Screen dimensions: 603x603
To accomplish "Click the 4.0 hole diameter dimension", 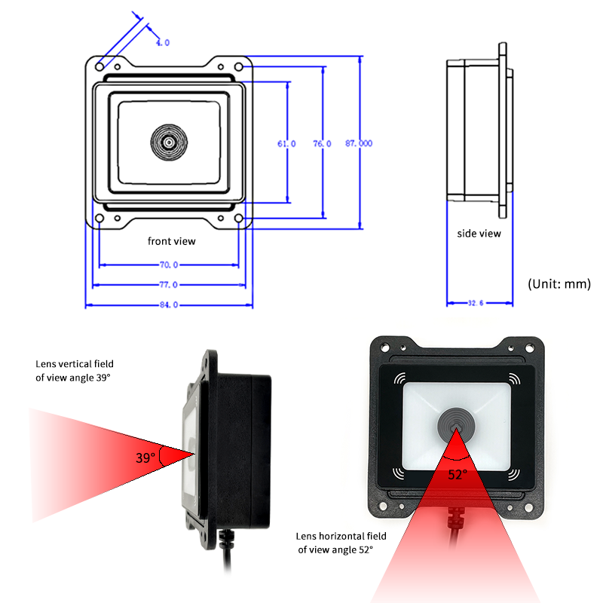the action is tap(163, 43).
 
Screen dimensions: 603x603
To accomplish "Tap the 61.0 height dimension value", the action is tap(286, 144).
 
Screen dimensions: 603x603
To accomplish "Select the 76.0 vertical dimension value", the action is tap(322, 144).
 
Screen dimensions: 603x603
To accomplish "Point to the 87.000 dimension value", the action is tap(359, 143).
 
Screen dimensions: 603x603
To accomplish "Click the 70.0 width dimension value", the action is tap(169, 265).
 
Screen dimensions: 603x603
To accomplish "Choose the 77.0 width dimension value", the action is tap(169, 285).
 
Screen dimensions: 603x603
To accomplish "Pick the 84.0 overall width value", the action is tap(169, 305).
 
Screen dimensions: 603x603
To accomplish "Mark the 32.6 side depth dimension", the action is tap(476, 303).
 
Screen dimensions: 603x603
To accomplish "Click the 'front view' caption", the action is tap(172, 241).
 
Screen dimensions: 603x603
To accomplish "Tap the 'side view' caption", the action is tap(479, 234).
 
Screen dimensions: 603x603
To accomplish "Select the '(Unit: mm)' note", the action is tap(559, 284).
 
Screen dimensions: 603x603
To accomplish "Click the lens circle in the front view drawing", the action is tap(169, 142).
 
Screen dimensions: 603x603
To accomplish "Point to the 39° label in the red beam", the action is tap(145, 458).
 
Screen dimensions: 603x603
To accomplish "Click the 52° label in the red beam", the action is tap(458, 475).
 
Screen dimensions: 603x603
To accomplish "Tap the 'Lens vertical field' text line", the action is tap(75, 364).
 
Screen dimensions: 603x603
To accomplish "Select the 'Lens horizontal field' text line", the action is tap(341, 536).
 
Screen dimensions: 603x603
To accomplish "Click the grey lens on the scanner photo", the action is tap(456, 426).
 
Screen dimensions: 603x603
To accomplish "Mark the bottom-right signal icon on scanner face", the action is tap(514, 474).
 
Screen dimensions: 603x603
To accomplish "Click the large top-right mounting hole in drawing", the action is tap(238, 67).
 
